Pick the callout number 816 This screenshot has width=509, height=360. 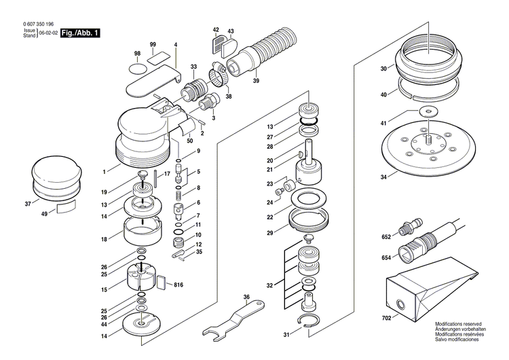point(179,284)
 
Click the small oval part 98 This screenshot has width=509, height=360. point(138,67)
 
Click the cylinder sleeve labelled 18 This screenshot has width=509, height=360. point(143,232)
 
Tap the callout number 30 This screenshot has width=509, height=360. point(383,69)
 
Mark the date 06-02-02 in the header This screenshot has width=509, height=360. point(47,33)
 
